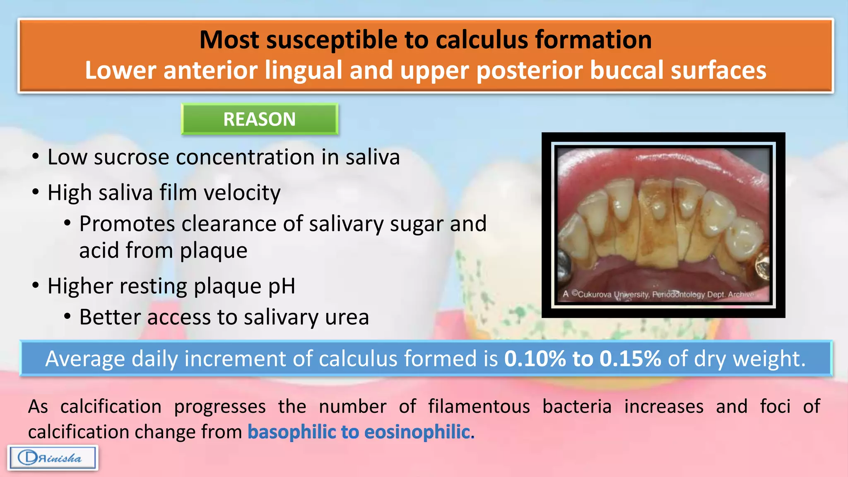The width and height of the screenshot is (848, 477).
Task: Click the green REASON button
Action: click(260, 119)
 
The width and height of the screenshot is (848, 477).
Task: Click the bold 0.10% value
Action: click(535, 359)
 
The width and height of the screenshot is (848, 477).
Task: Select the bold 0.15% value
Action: click(630, 359)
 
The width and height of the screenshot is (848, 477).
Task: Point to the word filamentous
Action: click(479, 407)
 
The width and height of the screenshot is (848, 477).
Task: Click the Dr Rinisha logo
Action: click(53, 458)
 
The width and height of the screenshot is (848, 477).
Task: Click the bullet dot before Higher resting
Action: click(36, 286)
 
